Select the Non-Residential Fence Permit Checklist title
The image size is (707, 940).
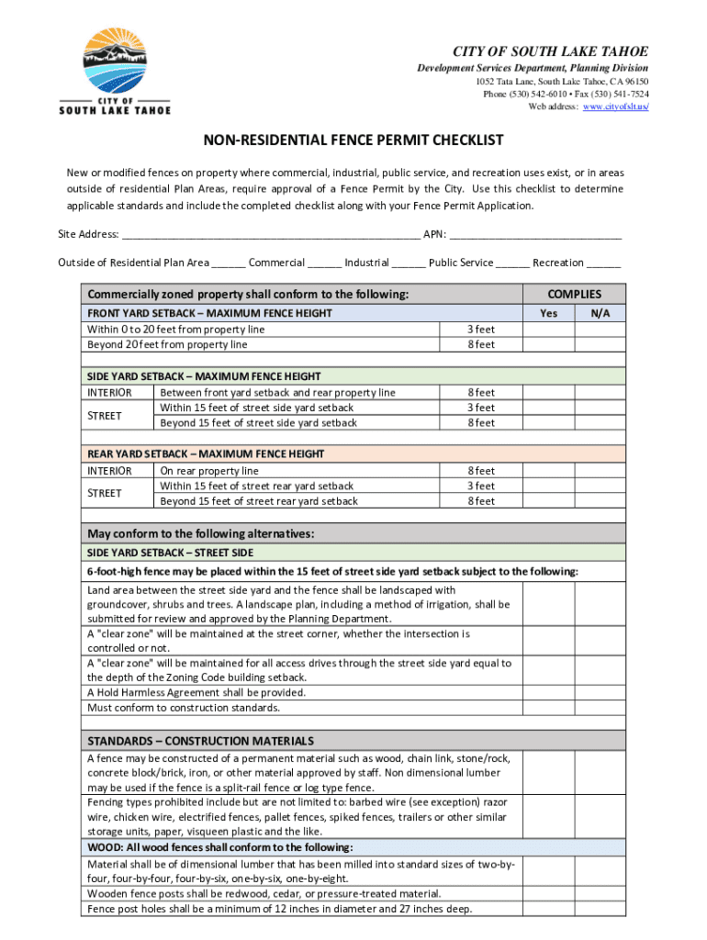coord(353,140)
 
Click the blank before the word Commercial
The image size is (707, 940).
coord(228,263)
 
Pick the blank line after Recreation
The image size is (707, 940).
coord(603,263)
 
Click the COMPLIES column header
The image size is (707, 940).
coord(574,295)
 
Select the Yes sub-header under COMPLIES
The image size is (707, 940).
coord(548,314)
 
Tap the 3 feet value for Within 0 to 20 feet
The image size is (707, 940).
coord(481,330)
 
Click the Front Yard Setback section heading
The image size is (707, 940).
coord(209,314)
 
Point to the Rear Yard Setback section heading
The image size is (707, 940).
coord(206,454)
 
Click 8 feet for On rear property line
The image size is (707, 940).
coord(481,471)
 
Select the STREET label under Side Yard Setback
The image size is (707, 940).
coord(104,415)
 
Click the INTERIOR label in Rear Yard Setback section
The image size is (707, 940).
coord(109,471)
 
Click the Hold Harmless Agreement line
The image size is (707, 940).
coord(196,693)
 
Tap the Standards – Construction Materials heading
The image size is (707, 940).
coord(200,741)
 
